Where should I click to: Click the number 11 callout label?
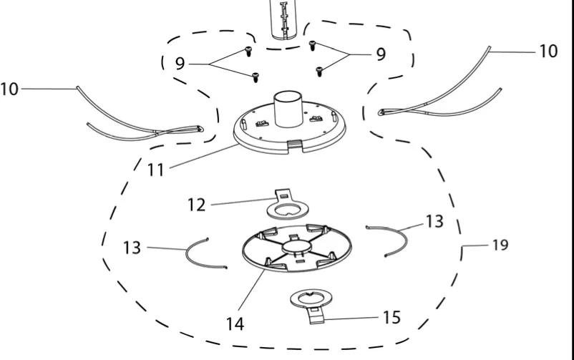pos(155,170)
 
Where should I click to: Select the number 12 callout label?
pos(196,205)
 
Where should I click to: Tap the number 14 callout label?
pos(235,323)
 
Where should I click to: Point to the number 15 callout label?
pos(391,318)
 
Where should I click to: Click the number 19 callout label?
pos(500,245)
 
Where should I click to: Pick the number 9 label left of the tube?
pos(180,64)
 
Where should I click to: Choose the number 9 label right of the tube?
pos(381,54)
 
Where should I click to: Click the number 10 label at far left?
pos(9,89)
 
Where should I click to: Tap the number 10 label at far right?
pos(549,52)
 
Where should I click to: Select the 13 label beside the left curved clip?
pos(132,248)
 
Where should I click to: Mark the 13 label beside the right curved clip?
pos(435,221)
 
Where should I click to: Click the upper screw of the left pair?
pos(248,52)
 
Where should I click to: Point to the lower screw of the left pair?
pos(256,77)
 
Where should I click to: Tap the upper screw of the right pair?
pos(312,46)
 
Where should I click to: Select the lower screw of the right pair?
pos(319,72)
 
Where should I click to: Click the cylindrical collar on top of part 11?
pos(288,109)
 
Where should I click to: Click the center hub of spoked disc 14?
pos(295,247)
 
